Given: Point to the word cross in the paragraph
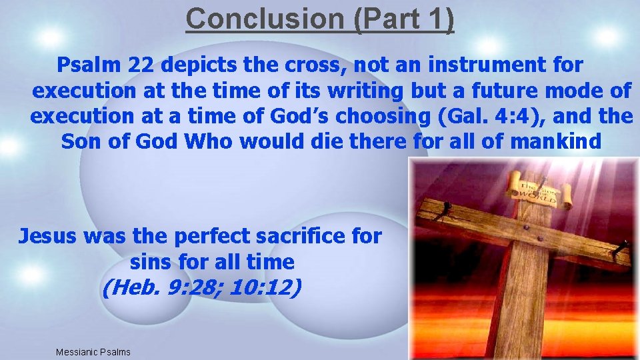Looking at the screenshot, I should click(x=315, y=65).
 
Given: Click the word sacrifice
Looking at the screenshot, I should click(x=305, y=235).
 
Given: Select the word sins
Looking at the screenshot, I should click(x=153, y=261).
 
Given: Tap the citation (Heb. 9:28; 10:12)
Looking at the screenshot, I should click(x=202, y=287).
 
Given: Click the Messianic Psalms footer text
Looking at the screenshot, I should click(x=93, y=352).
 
